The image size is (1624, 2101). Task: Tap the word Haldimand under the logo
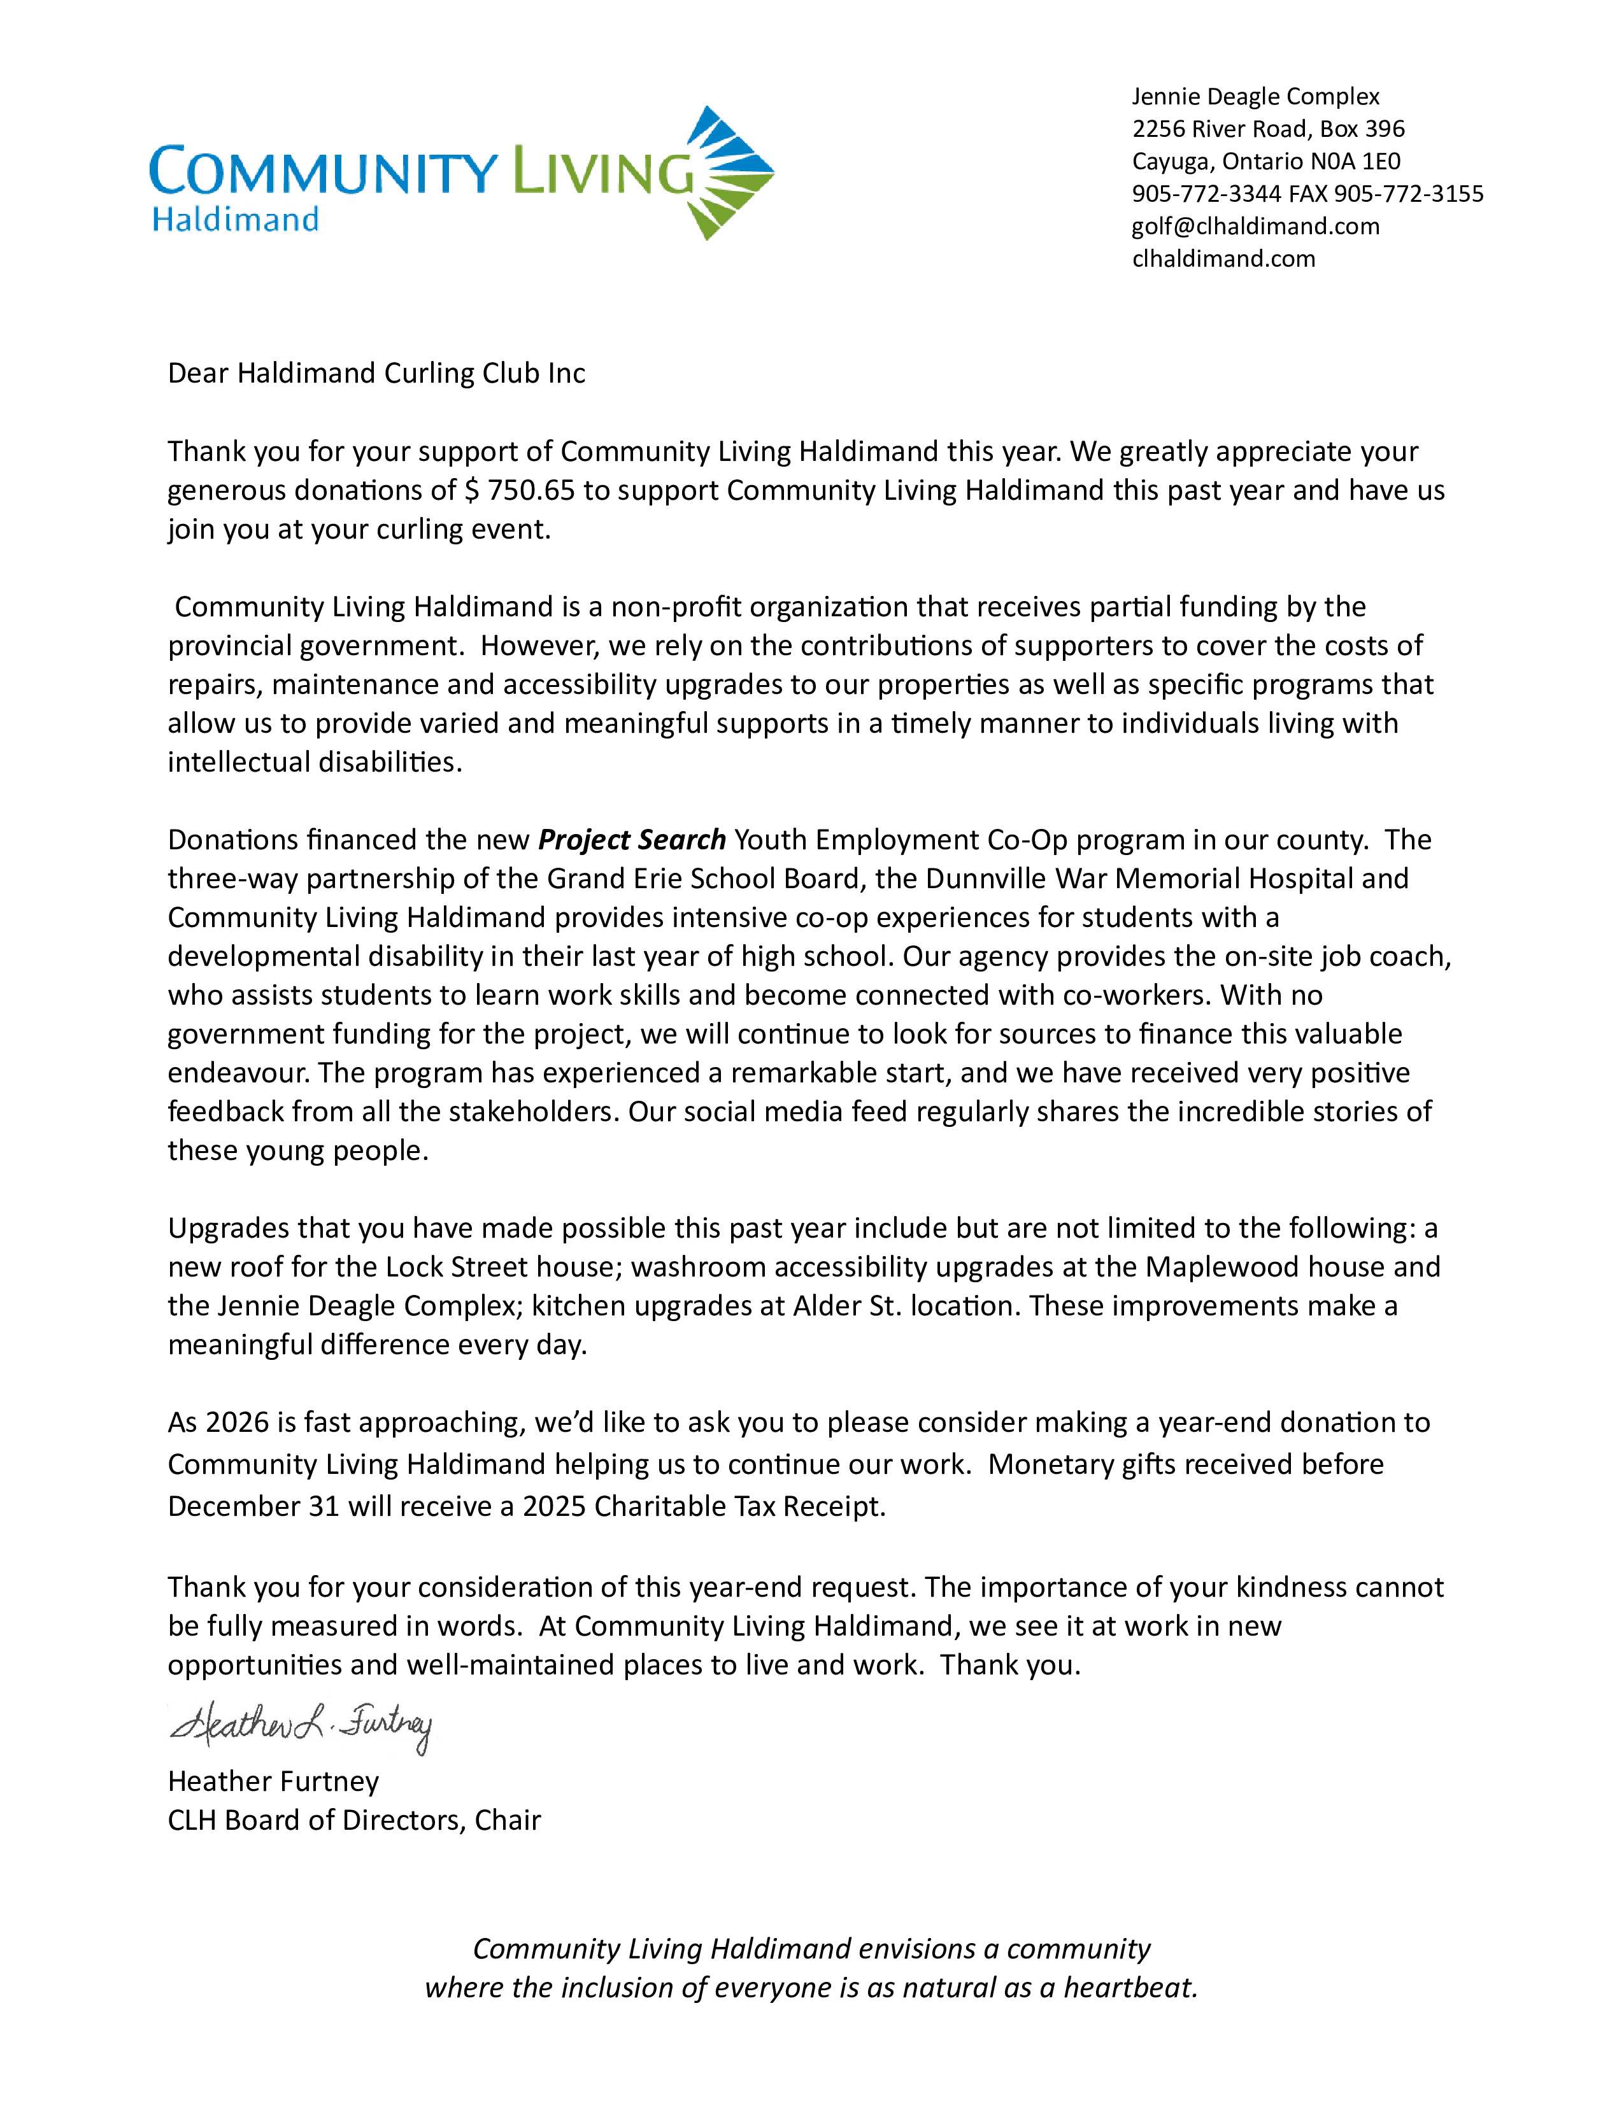236,220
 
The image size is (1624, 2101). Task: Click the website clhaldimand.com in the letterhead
1223,258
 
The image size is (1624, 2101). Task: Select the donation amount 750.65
531,491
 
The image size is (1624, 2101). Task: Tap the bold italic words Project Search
631,840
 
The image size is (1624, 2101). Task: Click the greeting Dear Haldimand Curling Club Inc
376,373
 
